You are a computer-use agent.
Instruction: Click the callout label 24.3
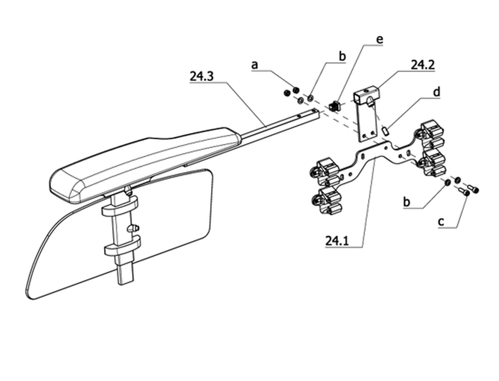click(201, 76)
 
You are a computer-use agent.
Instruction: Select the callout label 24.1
click(337, 241)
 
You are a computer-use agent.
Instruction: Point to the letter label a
click(254, 65)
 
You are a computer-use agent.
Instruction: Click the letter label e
click(379, 40)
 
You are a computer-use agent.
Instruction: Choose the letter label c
click(441, 221)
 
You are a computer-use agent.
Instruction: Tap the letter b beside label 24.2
click(342, 56)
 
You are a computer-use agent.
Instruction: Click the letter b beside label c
click(407, 202)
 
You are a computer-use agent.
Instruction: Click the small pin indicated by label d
click(385, 131)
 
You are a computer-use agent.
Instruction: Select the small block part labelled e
click(334, 105)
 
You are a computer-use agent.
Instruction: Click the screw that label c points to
click(465, 191)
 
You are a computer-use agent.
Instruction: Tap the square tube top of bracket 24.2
click(366, 94)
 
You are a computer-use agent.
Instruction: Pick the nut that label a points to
click(296, 90)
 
